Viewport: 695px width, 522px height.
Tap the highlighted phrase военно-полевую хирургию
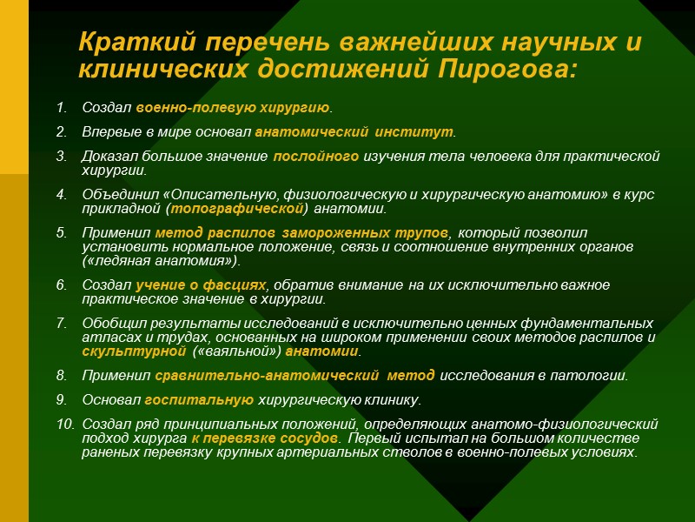click(x=234, y=108)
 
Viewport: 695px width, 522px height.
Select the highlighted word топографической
click(x=239, y=209)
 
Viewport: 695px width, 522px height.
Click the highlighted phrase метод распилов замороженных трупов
click(x=302, y=233)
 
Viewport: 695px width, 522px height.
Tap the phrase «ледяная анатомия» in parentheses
click(x=160, y=261)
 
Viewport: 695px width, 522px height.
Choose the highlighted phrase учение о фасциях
click(x=201, y=285)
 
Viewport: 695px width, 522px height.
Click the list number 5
click(x=61, y=233)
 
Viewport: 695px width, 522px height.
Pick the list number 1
click(x=61, y=108)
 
